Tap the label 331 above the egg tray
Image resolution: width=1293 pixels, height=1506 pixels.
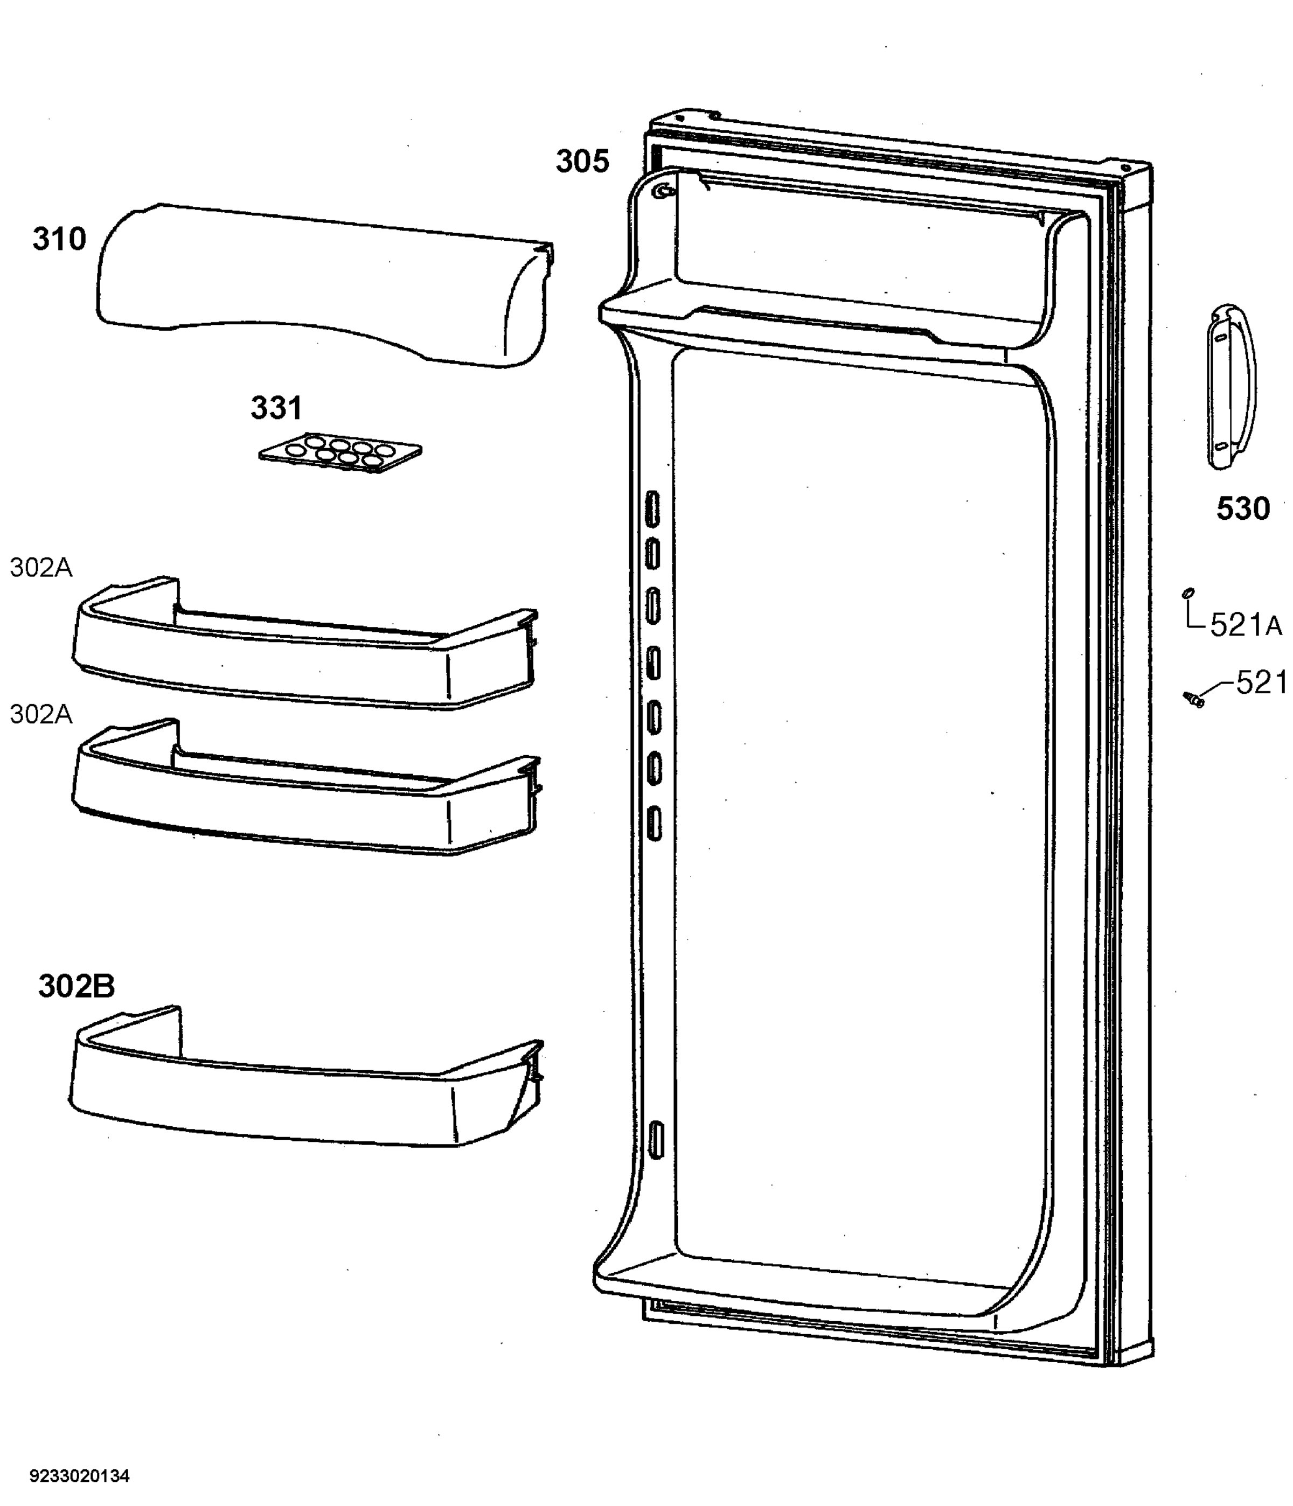click(276, 408)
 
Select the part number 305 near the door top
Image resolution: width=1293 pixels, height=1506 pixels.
click(582, 162)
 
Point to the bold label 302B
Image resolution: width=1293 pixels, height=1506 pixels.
click(77, 986)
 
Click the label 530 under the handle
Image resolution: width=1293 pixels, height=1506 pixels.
click(1243, 509)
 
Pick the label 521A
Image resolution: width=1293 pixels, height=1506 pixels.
click(1246, 625)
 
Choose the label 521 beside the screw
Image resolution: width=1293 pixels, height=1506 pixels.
click(1262, 683)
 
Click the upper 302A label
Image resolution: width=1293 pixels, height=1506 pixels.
click(41, 568)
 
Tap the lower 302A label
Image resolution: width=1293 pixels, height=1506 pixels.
click(41, 714)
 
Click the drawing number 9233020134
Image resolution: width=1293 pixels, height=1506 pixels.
click(80, 1475)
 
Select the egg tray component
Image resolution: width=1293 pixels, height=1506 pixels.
click(340, 454)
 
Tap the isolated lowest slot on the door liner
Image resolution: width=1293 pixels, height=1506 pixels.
click(656, 1140)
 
